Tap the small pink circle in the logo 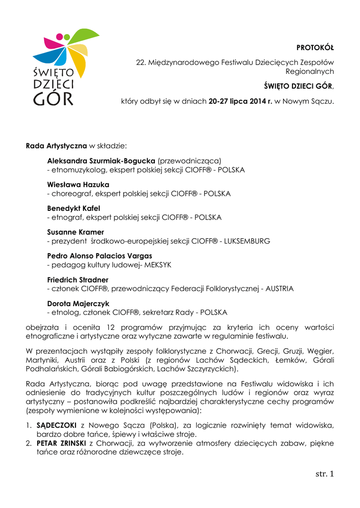pyautogui.click(x=60, y=37)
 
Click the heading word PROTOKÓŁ pyautogui.click(x=315, y=48)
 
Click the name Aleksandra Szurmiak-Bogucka pyautogui.click(x=101, y=161)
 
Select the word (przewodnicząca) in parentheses pyautogui.click(x=189, y=161)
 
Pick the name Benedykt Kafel pyautogui.click(x=73, y=208)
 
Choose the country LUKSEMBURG pyautogui.click(x=247, y=241)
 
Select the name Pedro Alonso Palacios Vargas pyautogui.click(x=99, y=256)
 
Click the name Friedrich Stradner pyautogui.click(x=77, y=280)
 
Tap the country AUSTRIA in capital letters pyautogui.click(x=280, y=289)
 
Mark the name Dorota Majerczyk pyautogui.click(x=78, y=304)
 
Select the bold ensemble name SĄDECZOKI pyautogui.click(x=57, y=425)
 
